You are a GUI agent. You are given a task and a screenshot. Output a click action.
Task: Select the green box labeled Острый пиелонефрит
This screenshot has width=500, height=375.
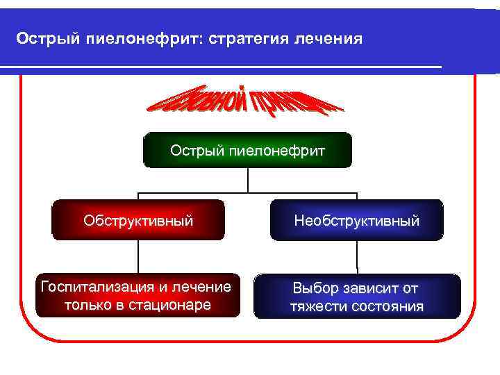247,150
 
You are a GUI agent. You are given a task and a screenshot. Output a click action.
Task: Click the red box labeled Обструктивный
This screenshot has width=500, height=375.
139,220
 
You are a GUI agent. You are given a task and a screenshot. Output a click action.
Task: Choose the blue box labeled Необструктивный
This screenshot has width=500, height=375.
356,220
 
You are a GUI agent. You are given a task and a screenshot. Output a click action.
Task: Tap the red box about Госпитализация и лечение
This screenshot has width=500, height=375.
135,295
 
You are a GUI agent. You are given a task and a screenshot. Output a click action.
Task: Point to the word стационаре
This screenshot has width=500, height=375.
171,305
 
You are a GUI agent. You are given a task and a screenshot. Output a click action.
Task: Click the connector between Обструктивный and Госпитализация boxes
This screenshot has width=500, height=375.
139,257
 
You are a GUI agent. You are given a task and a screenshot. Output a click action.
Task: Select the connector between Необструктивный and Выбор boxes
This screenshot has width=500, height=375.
356,257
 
